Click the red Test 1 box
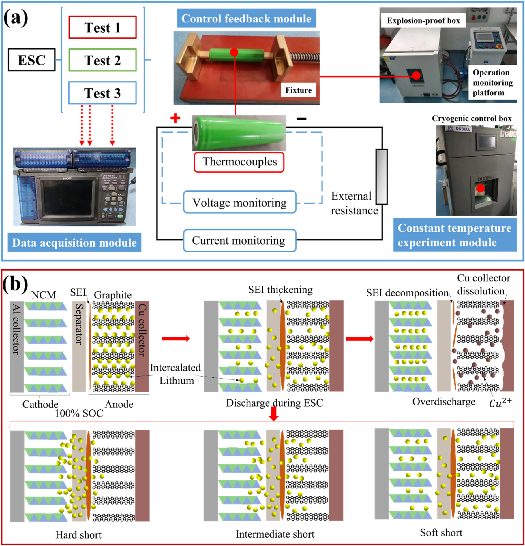(x=102, y=27)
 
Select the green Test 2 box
(x=102, y=60)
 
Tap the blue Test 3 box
(x=102, y=93)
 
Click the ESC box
(x=31, y=60)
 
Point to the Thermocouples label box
(x=239, y=162)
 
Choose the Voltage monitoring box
(x=239, y=202)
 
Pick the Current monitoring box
(x=239, y=241)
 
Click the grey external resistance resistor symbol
(x=381, y=177)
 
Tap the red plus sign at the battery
(x=175, y=118)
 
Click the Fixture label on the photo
(x=298, y=90)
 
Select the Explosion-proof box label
(x=423, y=20)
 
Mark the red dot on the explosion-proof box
(x=416, y=75)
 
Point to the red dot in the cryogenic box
(x=480, y=188)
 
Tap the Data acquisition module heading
(x=74, y=243)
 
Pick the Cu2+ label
(x=500, y=403)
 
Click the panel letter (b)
(x=15, y=284)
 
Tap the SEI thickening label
(x=280, y=290)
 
